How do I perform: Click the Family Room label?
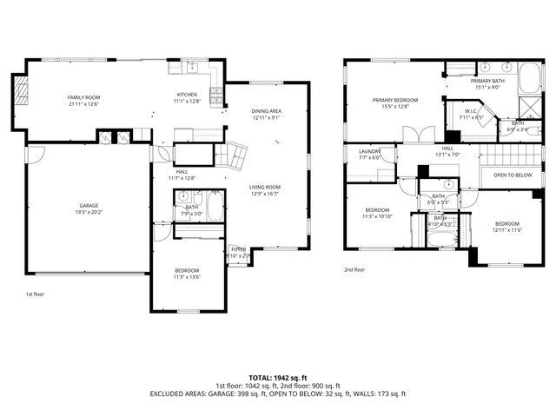click(x=84, y=99)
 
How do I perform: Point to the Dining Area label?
click(x=266, y=114)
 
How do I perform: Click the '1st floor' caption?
click(x=34, y=295)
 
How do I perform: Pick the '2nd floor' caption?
click(x=354, y=270)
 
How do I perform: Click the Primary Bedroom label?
click(x=395, y=103)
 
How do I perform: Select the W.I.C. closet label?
click(x=473, y=115)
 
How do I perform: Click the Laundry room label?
click(x=369, y=155)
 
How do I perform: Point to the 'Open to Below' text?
click(x=513, y=175)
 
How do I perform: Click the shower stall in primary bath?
click(x=528, y=108)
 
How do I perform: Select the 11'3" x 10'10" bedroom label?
click(x=376, y=213)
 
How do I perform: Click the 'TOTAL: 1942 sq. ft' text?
click(x=277, y=378)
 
